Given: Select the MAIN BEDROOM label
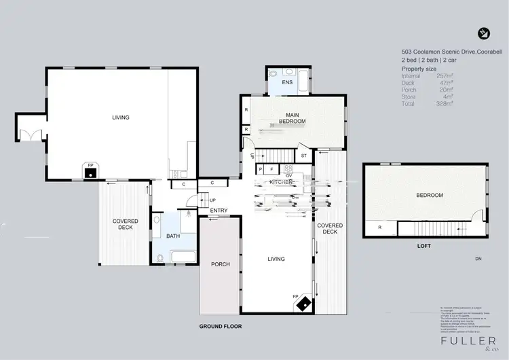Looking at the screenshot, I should click(292, 118).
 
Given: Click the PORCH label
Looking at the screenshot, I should click(221, 264).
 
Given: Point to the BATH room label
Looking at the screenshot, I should click(173, 236).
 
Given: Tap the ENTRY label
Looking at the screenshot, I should click(219, 211).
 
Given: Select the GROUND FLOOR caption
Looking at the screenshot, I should click(221, 326).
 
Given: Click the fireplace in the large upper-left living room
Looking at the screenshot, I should click(88, 170).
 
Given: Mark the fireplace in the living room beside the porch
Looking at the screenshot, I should click(303, 303).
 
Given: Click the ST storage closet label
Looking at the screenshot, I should click(303, 156).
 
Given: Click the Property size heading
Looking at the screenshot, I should click(418, 69).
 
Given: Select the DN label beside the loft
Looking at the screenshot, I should click(478, 258).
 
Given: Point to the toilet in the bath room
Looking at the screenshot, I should click(159, 257).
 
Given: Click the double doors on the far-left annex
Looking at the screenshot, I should click(29, 134).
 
